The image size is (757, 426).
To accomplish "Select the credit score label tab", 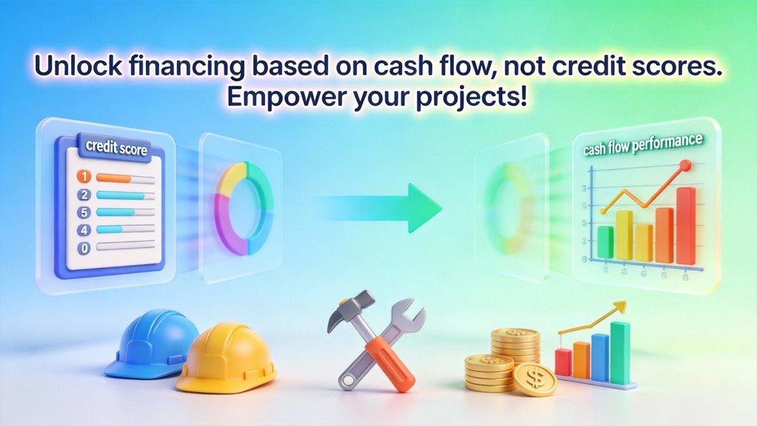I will pos(116,149).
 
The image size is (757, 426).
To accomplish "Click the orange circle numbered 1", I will pos(84,177).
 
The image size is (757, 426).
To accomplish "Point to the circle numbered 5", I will pos(84,212).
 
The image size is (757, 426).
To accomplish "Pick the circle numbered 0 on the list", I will pos(84,247).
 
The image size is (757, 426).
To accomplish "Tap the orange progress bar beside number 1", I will pos(114,178).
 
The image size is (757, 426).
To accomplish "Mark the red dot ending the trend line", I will pos(684,165).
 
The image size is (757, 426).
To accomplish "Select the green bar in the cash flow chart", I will pos(605,242).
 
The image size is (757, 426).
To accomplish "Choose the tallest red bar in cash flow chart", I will pos(687,226).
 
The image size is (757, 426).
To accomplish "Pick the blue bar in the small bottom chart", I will pos(600,357).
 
